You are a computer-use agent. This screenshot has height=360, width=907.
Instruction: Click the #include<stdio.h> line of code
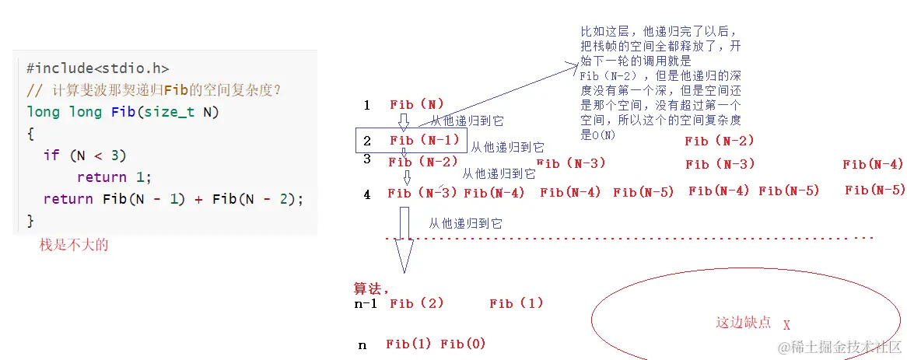pos(97,68)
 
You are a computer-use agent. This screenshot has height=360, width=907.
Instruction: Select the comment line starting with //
pos(153,90)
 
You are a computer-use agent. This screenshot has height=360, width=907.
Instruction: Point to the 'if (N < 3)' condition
pos(85,156)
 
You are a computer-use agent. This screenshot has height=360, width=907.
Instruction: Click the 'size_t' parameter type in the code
pos(173,112)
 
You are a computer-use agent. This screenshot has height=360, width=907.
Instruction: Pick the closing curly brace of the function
pos(30,221)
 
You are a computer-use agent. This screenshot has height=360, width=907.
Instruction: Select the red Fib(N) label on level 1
pos(416,104)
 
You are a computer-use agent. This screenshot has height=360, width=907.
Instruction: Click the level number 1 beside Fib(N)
pos(366,105)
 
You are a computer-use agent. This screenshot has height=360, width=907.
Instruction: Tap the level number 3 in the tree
pos(366,159)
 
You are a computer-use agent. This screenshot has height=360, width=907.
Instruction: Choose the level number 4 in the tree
pos(366,194)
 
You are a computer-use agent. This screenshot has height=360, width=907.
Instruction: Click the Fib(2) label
pos(416,304)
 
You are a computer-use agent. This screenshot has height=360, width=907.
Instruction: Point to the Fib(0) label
pos(463,344)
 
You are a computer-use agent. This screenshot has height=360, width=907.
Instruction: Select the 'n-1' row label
pos(366,304)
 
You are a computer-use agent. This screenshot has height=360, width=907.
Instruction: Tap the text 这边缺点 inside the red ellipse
pos(743,322)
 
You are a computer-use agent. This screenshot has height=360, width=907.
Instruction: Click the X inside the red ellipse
pos(786,325)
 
